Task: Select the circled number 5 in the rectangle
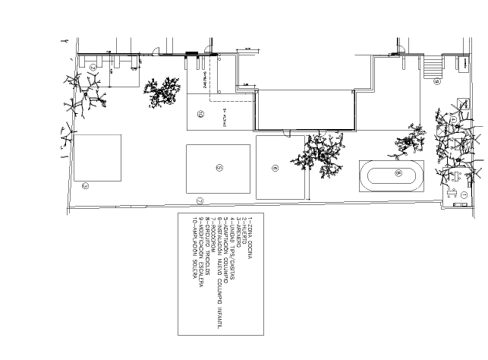pos(219,167)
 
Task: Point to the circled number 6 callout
pos(275,168)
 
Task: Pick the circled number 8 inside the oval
pos(398,173)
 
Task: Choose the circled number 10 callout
pos(200,114)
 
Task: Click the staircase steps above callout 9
pos(433,68)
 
